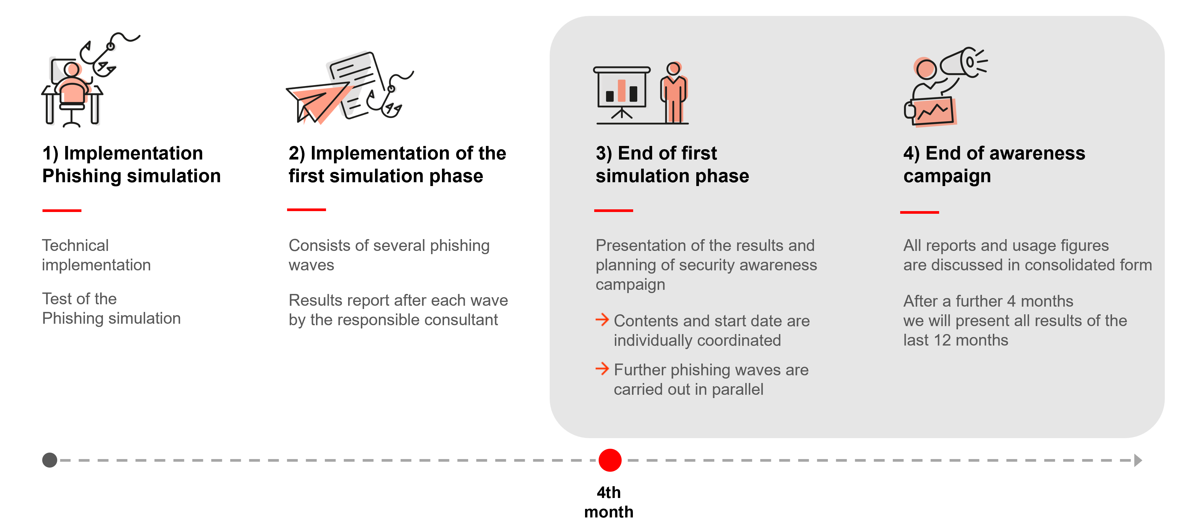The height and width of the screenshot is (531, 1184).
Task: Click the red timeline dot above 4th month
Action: (610, 460)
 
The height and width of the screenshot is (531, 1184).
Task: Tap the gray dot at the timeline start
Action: (50, 460)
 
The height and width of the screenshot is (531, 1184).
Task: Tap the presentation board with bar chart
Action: (621, 92)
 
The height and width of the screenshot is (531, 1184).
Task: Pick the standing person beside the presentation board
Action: (673, 92)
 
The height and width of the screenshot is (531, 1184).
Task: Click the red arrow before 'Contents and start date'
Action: (602, 320)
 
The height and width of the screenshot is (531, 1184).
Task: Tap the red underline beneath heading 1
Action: (62, 211)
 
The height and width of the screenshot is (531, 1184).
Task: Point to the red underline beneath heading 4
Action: (919, 212)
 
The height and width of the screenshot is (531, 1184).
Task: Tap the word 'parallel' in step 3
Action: (738, 389)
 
